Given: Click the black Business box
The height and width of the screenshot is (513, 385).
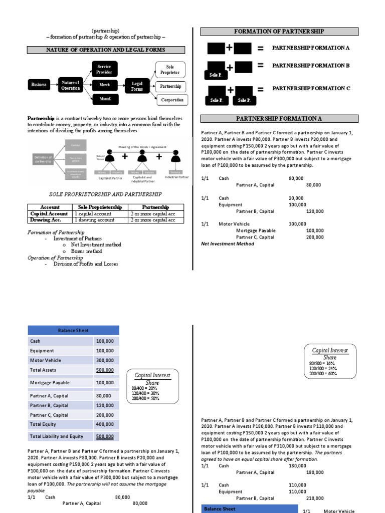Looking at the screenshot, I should click(39, 85).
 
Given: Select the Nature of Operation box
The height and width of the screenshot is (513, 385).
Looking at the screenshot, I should click(70, 85).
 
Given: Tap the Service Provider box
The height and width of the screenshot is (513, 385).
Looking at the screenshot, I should click(104, 69).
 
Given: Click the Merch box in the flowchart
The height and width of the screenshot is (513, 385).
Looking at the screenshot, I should click(104, 85).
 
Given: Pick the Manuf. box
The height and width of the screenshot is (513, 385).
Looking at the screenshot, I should click(104, 99).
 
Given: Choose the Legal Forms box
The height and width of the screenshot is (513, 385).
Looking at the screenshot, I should click(137, 86).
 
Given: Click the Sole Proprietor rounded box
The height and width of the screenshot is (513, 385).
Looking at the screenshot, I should click(170, 69).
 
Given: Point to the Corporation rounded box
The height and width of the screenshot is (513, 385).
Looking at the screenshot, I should click(172, 100).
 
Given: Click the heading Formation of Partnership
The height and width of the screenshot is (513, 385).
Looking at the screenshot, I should click(279, 32).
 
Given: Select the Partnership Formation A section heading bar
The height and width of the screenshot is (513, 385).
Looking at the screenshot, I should click(279, 118).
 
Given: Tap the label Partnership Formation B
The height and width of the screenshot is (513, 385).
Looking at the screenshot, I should click(311, 66).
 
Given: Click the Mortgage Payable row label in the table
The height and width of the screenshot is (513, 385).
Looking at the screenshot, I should click(50, 383).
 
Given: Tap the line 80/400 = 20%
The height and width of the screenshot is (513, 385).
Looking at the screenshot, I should click(145, 388).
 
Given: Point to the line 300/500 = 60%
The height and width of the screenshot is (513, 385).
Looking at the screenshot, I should click(323, 373).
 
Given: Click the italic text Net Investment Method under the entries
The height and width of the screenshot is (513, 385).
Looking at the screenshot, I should click(227, 244).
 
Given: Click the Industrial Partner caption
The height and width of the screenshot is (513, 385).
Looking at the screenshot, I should click(177, 177).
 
